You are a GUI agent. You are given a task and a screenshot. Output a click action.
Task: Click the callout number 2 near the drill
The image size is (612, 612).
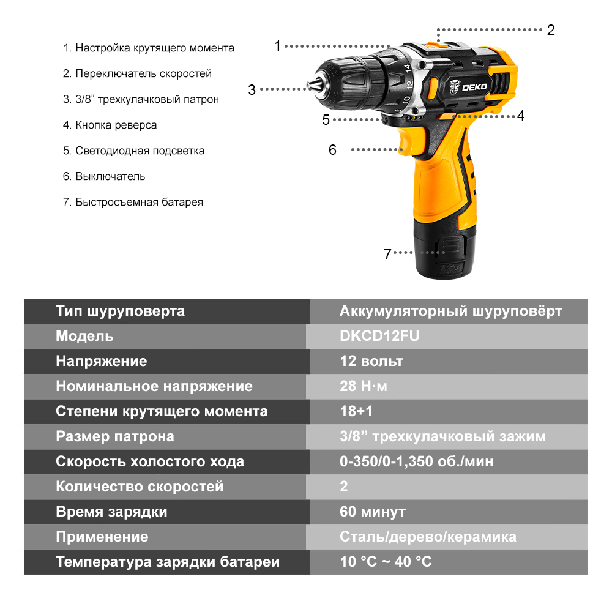click(551, 30)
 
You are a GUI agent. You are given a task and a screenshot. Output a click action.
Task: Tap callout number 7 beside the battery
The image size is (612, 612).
click(387, 254)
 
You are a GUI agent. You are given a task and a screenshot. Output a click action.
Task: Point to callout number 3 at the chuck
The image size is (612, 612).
click(252, 89)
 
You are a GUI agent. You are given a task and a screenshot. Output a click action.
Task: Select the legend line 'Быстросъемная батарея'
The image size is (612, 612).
click(133, 202)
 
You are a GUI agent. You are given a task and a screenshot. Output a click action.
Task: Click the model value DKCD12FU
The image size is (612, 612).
click(379, 336)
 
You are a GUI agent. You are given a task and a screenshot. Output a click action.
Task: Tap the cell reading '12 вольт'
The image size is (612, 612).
click(371, 361)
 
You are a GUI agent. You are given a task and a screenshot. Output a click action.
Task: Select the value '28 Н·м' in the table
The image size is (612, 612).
click(364, 386)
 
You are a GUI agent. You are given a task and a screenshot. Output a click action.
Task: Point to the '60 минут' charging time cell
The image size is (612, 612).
click(373, 512)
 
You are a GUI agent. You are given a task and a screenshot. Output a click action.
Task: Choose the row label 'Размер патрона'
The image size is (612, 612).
click(115, 436)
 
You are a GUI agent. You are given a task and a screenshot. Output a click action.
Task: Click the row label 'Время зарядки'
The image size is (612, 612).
click(111, 512)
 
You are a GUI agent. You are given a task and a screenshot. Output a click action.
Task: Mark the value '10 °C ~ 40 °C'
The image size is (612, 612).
click(386, 562)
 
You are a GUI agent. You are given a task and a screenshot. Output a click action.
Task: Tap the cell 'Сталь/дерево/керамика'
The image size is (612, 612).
click(428, 537)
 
